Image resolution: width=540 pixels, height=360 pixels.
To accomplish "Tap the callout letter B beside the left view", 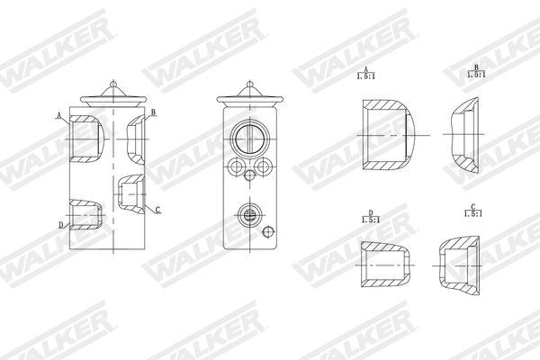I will [154, 112].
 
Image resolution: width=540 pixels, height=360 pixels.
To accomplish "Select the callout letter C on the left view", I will [157, 210].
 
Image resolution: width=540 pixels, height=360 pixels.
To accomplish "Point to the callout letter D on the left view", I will [60, 224].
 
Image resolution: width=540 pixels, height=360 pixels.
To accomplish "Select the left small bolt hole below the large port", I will [237, 166].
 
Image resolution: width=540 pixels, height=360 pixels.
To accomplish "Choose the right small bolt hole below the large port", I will [263, 166].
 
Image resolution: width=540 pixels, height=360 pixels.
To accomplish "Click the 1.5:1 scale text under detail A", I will [366, 77].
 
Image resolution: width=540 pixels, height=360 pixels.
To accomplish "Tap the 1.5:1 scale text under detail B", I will [476, 76].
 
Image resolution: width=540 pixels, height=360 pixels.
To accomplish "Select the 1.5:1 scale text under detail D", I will [369, 220].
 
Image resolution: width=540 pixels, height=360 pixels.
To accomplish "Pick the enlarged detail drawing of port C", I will [461, 266].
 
